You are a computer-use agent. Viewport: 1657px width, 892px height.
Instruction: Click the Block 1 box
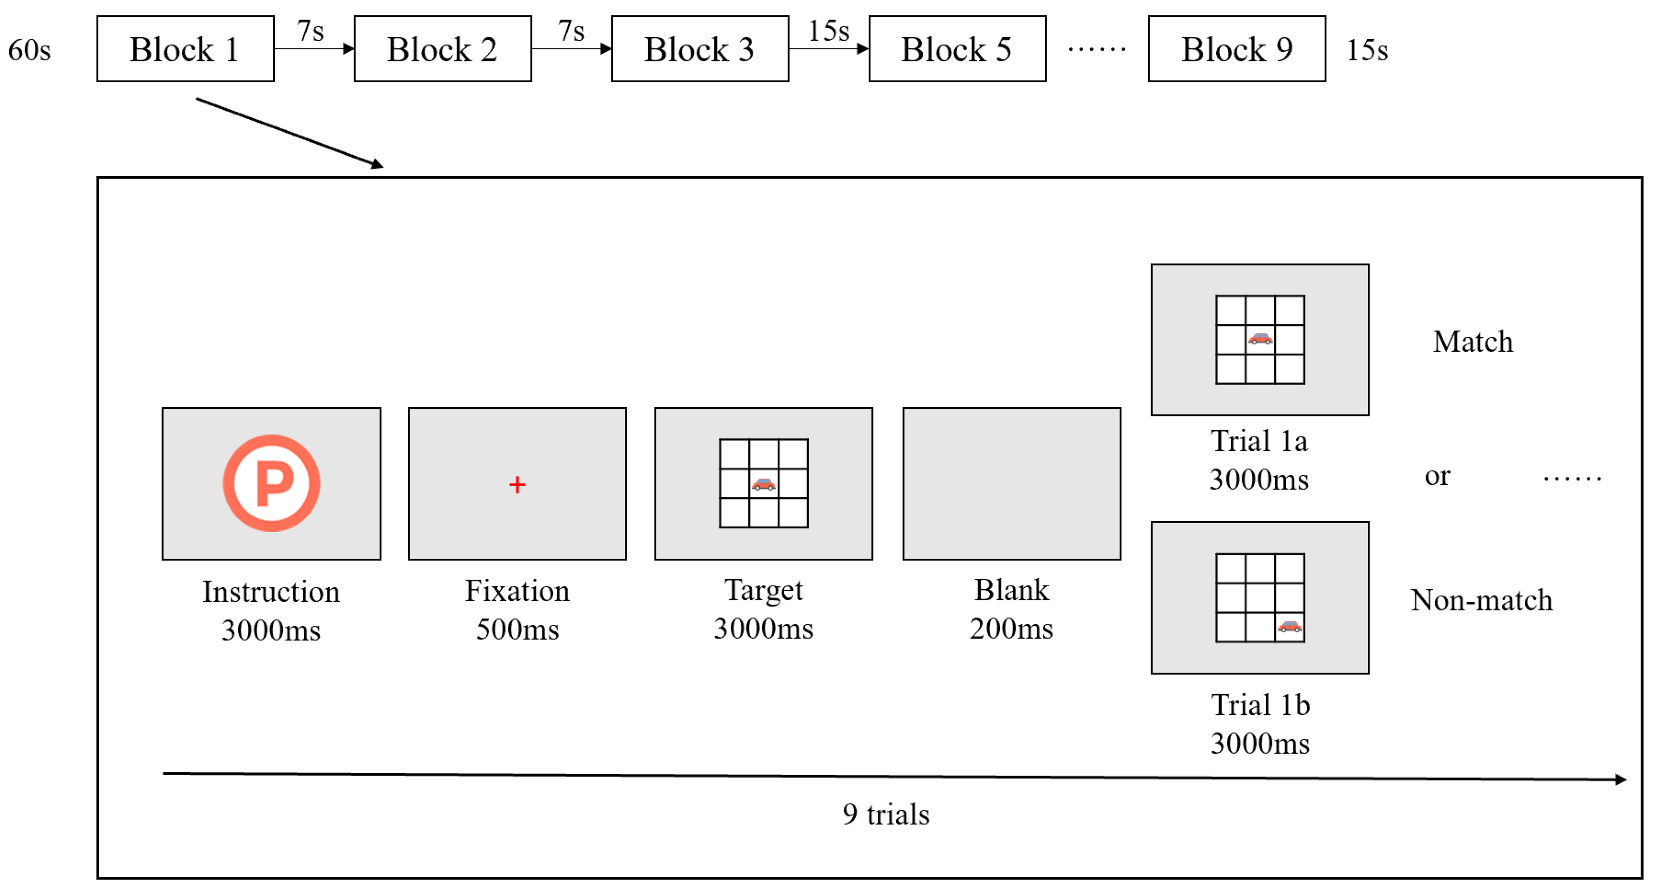pos(185,49)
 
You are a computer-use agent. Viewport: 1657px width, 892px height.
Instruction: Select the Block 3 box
pos(700,49)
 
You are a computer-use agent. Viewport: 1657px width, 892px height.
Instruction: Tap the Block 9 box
pos(1236,49)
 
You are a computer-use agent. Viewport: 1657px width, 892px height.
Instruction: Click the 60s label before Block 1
pos(30,50)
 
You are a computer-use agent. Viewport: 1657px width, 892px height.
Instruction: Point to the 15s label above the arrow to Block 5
pos(828,31)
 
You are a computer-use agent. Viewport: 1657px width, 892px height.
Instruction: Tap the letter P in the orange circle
pos(273,483)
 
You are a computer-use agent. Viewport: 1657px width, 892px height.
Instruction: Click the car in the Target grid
pos(764,485)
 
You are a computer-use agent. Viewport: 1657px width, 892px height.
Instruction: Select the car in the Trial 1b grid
pos(1290,627)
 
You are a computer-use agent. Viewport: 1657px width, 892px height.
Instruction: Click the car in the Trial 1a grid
pos(1260,339)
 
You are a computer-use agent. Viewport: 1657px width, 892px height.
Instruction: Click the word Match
pos(1473,342)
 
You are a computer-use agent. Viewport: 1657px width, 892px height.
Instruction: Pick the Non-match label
pos(1481,600)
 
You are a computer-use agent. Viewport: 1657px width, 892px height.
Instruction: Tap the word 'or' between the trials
pos(1437,476)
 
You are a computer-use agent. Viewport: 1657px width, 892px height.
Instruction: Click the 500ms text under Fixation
pos(517,629)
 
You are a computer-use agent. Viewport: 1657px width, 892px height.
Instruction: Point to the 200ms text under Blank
pos(1011,629)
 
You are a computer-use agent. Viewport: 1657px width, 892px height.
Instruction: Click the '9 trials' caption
pos(886,815)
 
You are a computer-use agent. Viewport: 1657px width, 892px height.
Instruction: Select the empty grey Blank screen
pos(1011,483)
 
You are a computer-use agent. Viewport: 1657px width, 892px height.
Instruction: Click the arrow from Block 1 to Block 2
pos(314,48)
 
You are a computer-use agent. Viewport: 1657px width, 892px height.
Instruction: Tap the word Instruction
pos(271,592)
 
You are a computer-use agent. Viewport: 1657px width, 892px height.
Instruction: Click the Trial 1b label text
pos(1260,705)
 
